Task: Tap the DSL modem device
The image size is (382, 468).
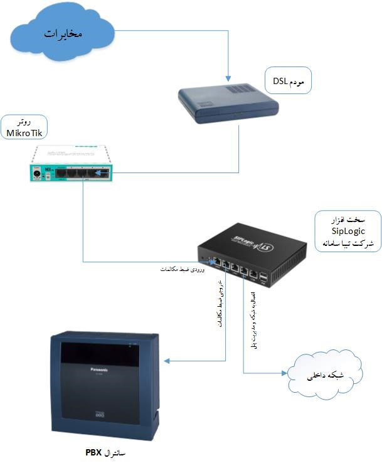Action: click(x=227, y=102)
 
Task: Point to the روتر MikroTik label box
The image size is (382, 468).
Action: click(x=23, y=127)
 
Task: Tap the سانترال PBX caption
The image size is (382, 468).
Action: click(x=109, y=452)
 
